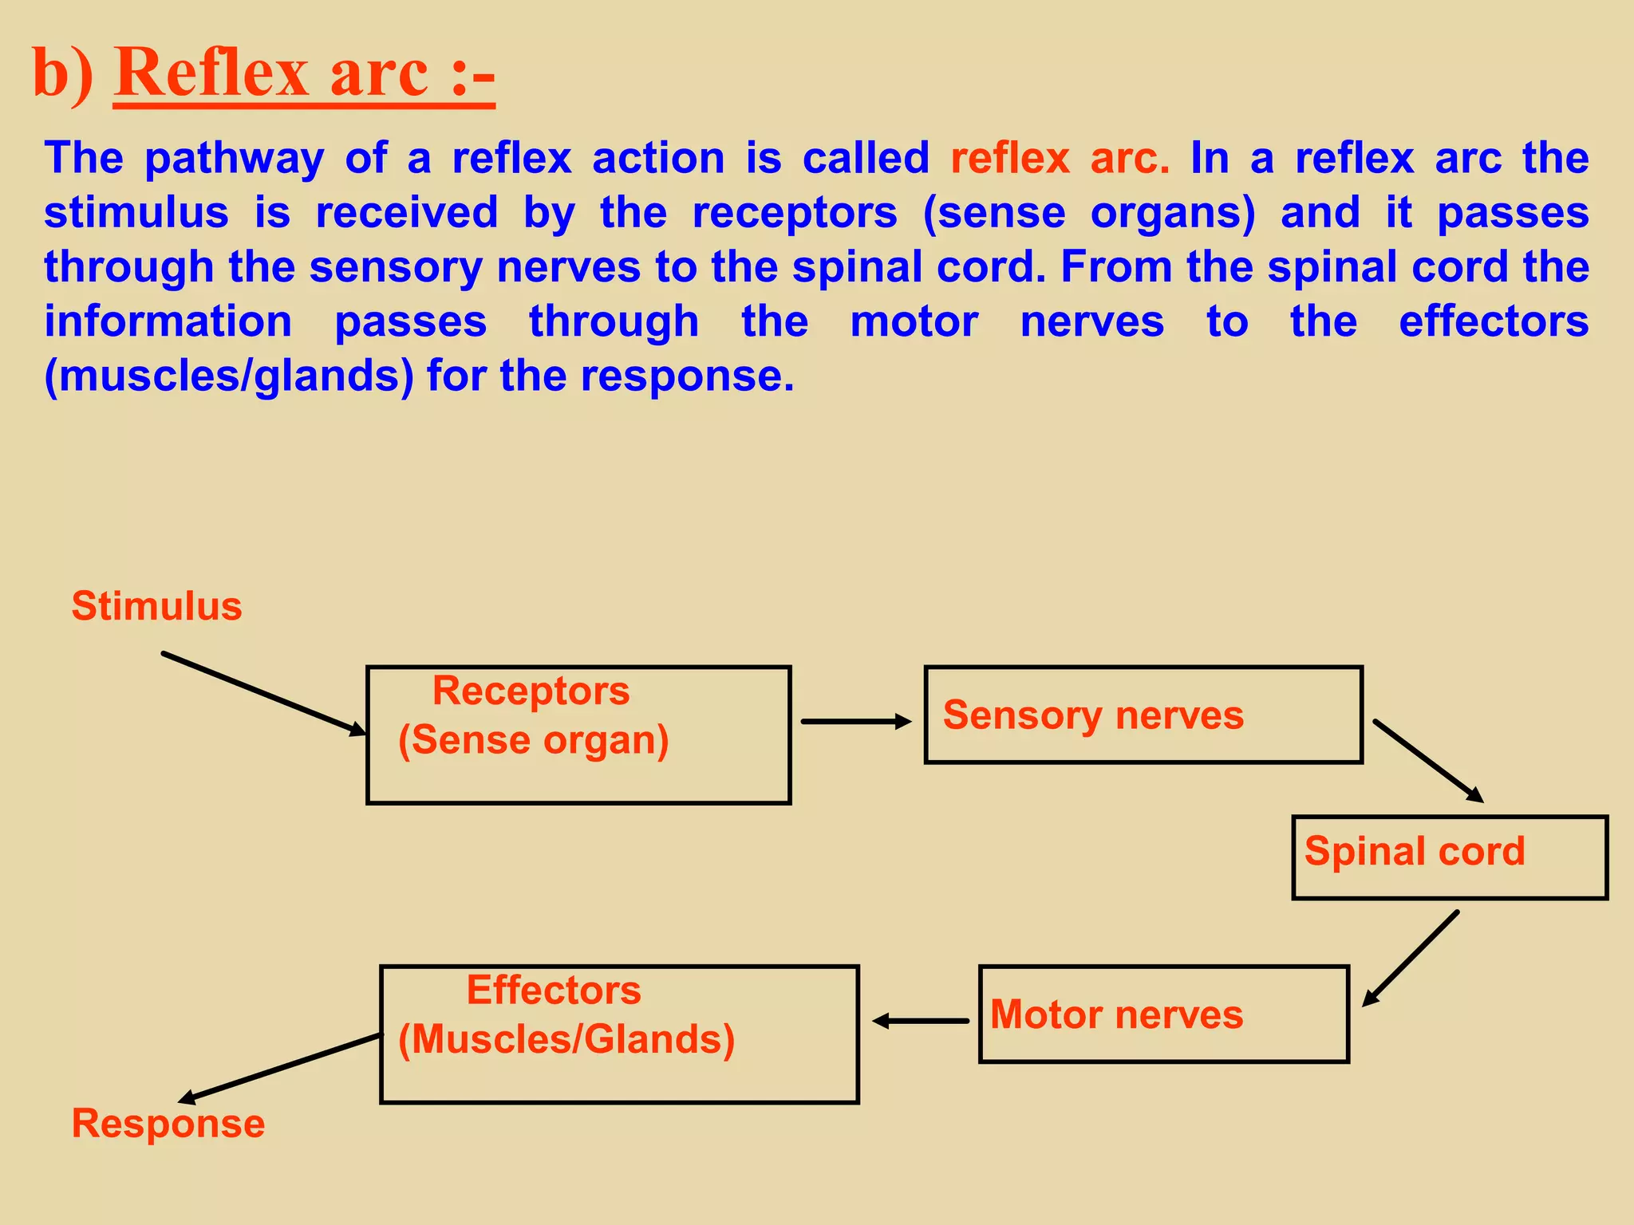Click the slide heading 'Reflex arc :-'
(304, 73)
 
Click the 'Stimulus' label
(156, 606)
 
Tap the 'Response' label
(168, 1124)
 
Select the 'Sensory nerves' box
(1143, 715)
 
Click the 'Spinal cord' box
(1449, 857)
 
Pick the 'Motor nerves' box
(1163, 1014)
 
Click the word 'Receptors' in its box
(531, 691)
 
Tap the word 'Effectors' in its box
(553, 991)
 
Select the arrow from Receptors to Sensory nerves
(855, 721)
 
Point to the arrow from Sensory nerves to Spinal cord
(1427, 761)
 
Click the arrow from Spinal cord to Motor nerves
(1411, 959)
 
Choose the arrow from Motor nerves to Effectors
(921, 1021)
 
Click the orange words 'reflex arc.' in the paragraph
(1060, 158)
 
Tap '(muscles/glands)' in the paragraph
(229, 376)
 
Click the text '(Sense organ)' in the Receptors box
(533, 740)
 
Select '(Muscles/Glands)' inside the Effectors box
(566, 1039)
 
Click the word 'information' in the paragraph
(168, 322)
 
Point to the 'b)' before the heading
(62, 73)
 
